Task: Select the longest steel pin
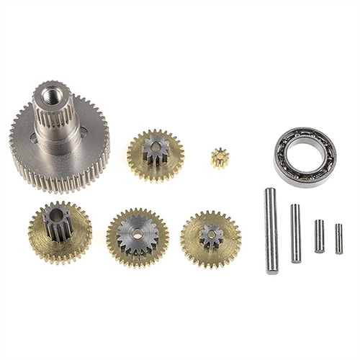coord(271,230)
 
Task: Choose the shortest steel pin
coord(338,238)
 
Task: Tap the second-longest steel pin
coord(295,233)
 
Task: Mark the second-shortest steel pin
coord(319,235)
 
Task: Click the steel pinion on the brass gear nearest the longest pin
coord(211,235)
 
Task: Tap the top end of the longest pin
coord(269,192)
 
